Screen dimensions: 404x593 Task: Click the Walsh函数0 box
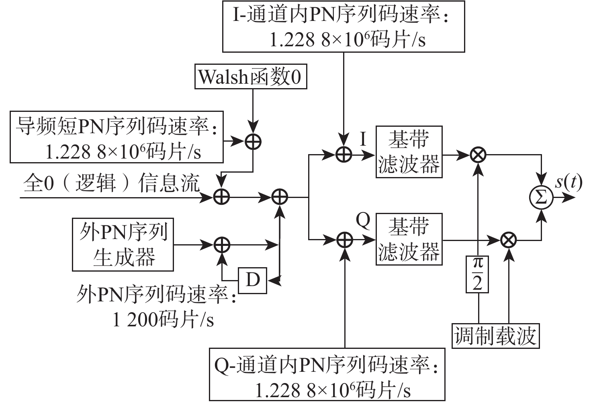(251, 76)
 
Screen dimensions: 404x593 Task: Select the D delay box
(252, 279)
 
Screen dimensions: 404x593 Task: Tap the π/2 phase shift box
(477, 274)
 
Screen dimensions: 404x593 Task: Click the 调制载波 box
(495, 336)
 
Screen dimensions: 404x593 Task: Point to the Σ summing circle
(541, 198)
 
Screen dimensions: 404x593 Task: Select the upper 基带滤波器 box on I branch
(409, 152)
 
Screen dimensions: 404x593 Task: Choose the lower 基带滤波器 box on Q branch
(409, 239)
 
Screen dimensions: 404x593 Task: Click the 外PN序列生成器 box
(123, 244)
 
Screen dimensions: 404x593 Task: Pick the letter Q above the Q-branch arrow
(363, 221)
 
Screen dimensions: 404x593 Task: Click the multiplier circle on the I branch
(478, 154)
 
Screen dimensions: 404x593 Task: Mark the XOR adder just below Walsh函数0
(253, 141)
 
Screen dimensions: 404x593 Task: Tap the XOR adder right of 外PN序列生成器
(221, 244)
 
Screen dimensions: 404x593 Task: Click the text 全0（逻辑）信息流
(111, 183)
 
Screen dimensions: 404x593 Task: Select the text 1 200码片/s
(163, 320)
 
